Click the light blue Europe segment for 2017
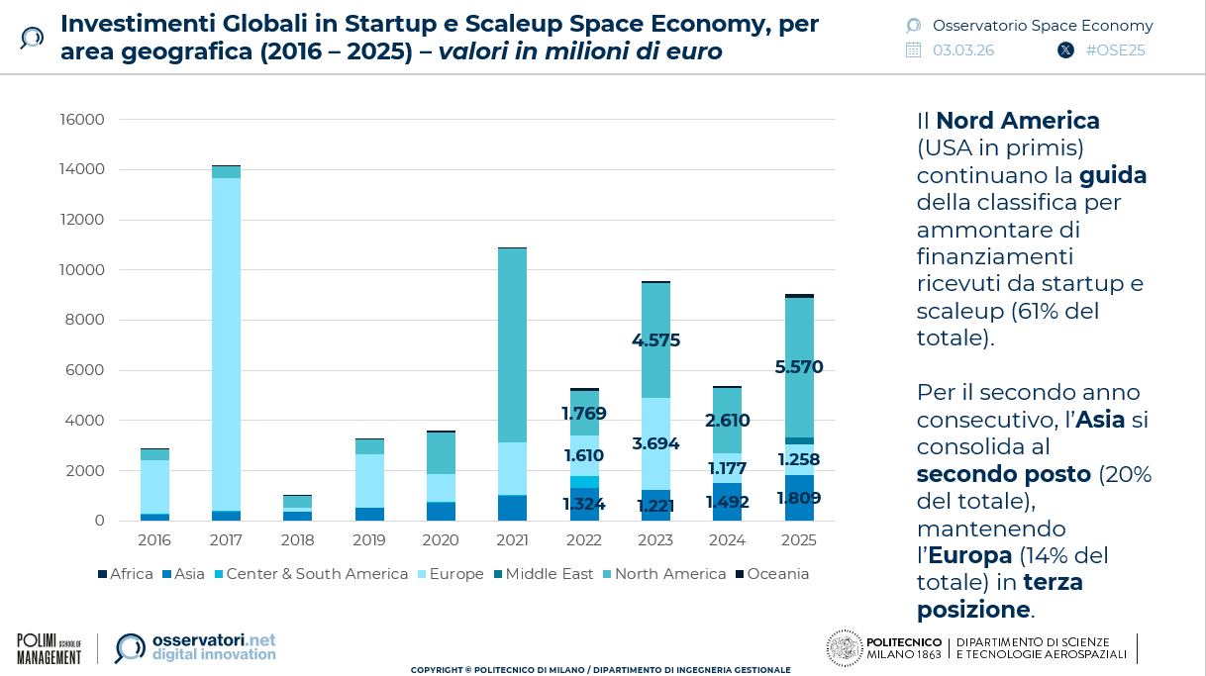coord(226,343)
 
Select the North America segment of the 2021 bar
coord(512,345)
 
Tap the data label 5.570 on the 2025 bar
coord(798,367)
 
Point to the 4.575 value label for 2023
coord(655,340)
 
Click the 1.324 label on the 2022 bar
coord(583,505)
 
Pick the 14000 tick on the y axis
coord(83,170)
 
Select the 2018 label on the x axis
coord(297,540)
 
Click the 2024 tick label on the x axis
coord(727,540)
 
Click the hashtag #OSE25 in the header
coord(1115,50)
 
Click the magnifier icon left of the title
coord(32,39)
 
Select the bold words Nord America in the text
coord(1017,121)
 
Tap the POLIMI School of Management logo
coord(49,648)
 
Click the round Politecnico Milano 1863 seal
coord(845,648)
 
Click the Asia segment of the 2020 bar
coord(441,511)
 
